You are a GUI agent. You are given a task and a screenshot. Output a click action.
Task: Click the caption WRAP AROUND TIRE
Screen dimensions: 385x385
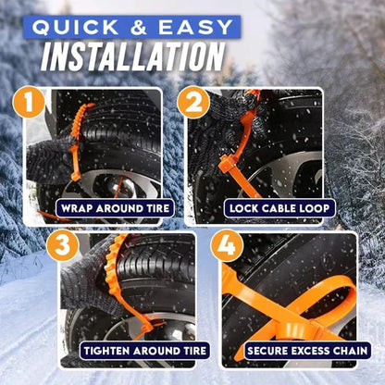(x=114, y=208)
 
